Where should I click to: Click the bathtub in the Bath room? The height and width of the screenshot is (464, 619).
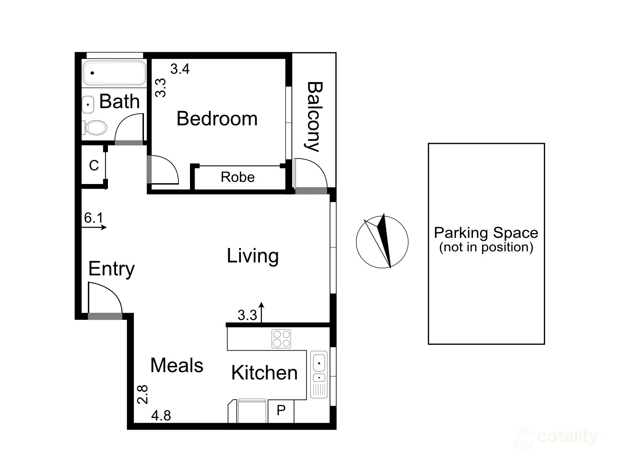coord(114,73)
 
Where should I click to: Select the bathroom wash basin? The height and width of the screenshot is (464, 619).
coord(88,104)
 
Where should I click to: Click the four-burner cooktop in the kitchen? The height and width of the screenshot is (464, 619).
coord(281,339)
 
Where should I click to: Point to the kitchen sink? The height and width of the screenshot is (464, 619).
coord(319,374)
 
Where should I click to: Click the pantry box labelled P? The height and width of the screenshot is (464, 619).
coord(281,411)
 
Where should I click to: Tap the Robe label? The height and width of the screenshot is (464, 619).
coord(238,177)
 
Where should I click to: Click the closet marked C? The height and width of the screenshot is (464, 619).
coord(94,165)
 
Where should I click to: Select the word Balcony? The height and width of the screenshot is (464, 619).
coord(314,117)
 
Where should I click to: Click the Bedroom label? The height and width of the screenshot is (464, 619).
coord(217,119)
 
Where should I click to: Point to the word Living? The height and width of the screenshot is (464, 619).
coord(253,256)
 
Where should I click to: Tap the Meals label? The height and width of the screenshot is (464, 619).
coord(177,365)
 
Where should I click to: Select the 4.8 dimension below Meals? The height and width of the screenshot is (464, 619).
coord(161,416)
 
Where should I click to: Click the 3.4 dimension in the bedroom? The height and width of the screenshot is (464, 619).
coord(180,69)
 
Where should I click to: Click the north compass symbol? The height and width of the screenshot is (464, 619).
coord(382,241)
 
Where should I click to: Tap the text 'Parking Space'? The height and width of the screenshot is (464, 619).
coord(486,233)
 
